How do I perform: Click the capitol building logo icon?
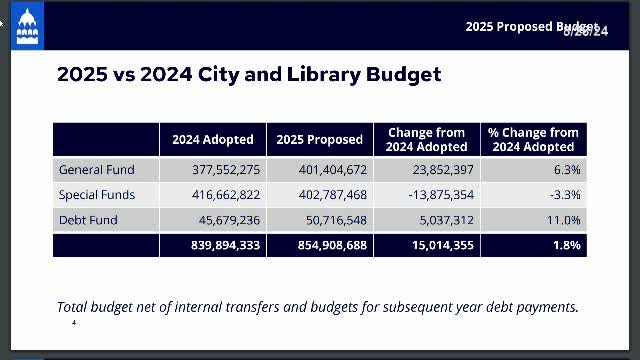coord(27,29)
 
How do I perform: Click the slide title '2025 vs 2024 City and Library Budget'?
coord(249,75)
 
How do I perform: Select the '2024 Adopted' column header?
coord(212,140)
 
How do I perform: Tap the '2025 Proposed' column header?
coord(319,140)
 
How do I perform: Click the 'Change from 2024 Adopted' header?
coord(427,140)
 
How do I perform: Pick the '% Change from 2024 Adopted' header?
coord(533,140)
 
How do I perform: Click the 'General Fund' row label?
coord(96,170)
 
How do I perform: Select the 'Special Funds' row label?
coord(96,195)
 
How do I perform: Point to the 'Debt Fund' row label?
coord(88,220)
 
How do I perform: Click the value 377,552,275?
coord(226,170)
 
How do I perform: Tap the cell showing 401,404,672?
coord(332,170)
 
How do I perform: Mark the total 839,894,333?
coord(223,245)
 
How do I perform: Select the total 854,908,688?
coord(329,245)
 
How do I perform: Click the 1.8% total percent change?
coord(565,245)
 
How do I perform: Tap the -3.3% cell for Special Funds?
coord(563,195)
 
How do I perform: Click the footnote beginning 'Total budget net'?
coord(317,307)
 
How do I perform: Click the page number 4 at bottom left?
coord(74,324)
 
